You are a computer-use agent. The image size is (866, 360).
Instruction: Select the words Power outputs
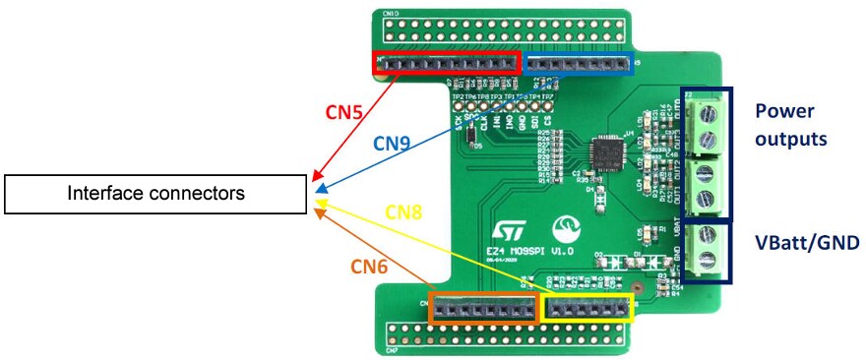[791, 123]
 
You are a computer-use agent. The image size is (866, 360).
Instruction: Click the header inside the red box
[448, 63]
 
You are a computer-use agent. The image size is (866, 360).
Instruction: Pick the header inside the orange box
[481, 308]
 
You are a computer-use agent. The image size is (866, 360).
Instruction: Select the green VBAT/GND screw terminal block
[706, 253]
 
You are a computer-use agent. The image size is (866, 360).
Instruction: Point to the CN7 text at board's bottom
[392, 349]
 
